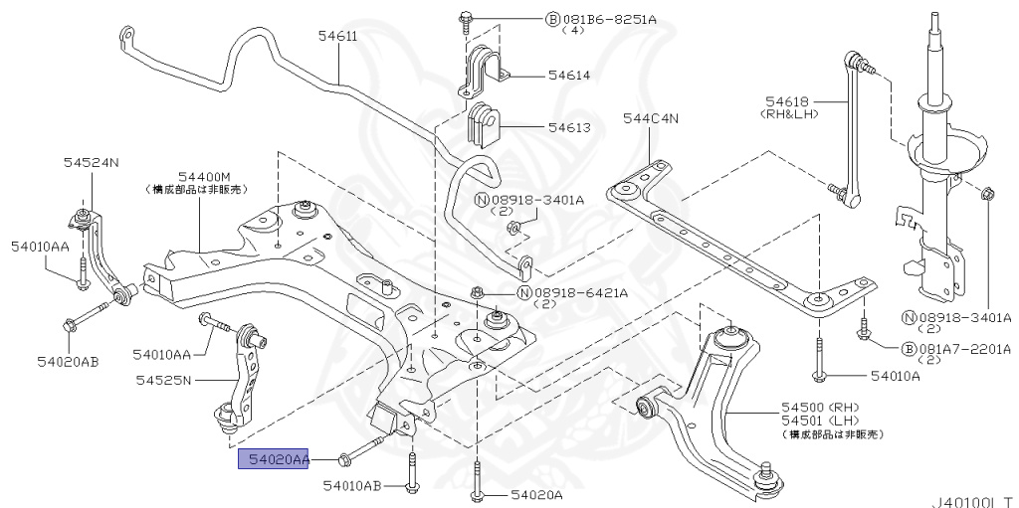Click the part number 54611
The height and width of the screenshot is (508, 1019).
click(x=338, y=37)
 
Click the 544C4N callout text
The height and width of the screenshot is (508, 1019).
click(x=650, y=119)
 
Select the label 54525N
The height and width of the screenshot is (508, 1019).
click(x=165, y=380)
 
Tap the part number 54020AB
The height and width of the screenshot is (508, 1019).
click(x=66, y=361)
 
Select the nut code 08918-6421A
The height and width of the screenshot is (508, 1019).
click(x=579, y=293)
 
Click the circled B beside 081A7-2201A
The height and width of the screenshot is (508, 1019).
click(x=908, y=349)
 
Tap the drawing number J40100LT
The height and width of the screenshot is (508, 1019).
click(x=973, y=499)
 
